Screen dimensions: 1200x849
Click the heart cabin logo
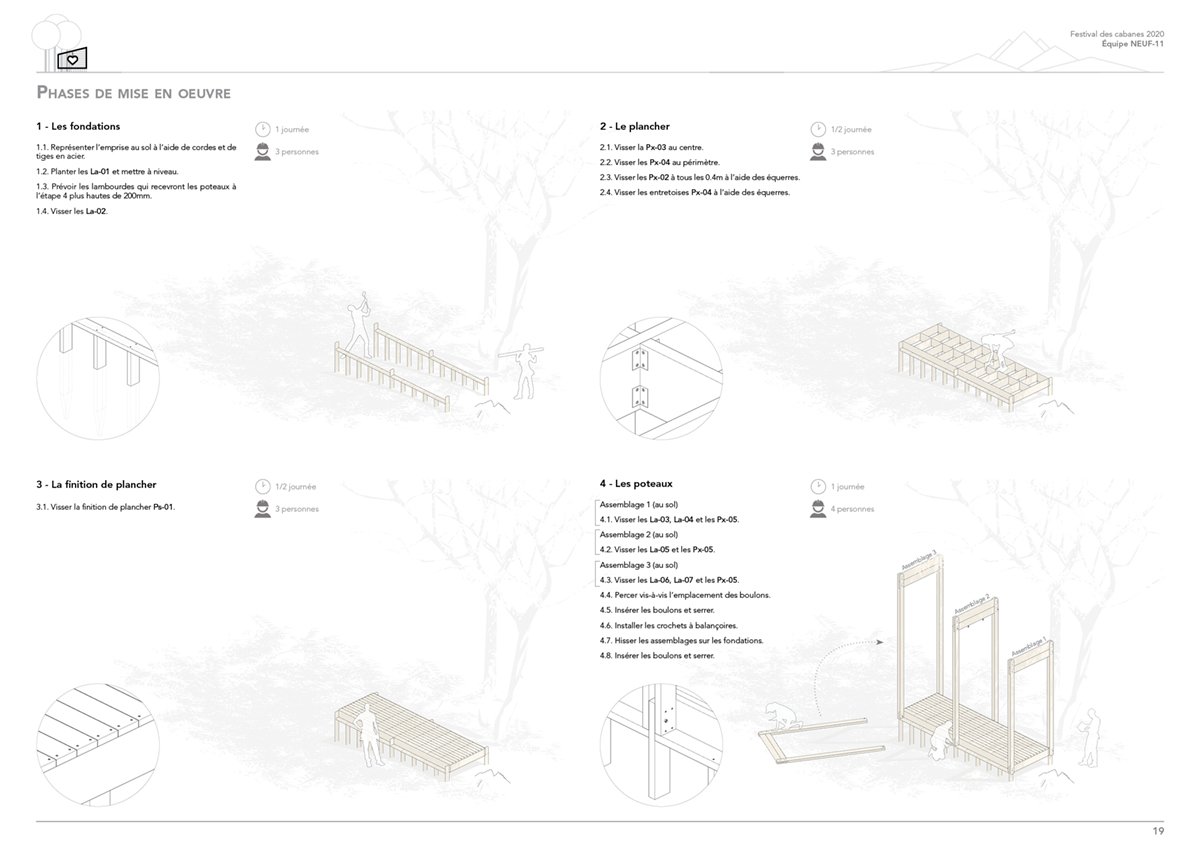coord(72,59)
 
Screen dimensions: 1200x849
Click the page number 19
coord(1158,831)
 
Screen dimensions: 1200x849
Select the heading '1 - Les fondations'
coord(78,126)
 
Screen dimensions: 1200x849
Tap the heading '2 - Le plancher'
coord(634,126)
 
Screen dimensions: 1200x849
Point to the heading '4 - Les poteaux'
coord(636,484)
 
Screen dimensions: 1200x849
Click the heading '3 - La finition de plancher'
coord(96,485)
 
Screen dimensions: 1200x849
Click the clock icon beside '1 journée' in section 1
coord(262,129)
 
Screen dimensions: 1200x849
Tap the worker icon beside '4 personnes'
coord(818,509)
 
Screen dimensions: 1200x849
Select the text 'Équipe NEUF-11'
coord(1132,44)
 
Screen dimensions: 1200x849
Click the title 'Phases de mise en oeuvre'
coord(133,93)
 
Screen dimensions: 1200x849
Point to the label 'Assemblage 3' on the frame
coord(919,560)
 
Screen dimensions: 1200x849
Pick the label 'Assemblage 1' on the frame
coord(1029,647)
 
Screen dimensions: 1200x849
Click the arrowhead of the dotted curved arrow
coord(879,641)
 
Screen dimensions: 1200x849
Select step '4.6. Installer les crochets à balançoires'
coord(669,625)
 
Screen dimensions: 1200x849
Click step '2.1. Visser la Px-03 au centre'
coord(651,147)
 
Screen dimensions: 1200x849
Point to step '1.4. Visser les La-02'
coord(72,211)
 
